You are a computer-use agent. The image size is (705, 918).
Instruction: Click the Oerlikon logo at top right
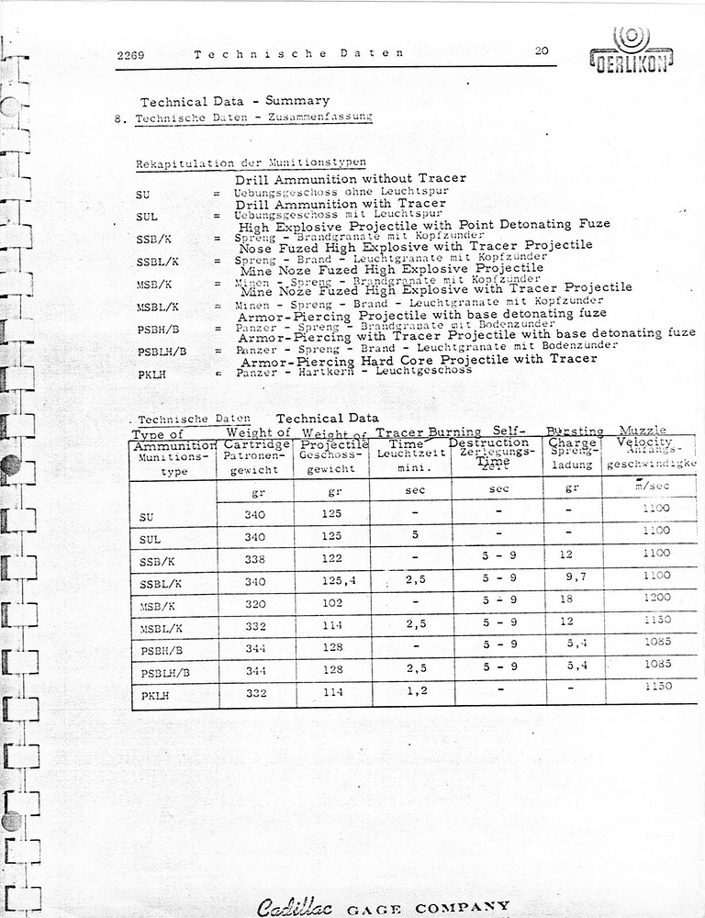click(x=631, y=50)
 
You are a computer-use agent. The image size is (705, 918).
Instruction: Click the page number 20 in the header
click(x=542, y=51)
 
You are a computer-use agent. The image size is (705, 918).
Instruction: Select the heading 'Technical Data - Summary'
click(x=234, y=101)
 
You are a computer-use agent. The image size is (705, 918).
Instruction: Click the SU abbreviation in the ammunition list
click(x=142, y=196)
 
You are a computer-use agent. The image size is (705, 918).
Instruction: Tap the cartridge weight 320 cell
click(x=255, y=604)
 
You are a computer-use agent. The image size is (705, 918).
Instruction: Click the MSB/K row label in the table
click(x=158, y=605)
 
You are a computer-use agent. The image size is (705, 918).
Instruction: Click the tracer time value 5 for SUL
click(x=415, y=533)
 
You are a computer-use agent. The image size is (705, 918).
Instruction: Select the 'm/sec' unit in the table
click(x=656, y=487)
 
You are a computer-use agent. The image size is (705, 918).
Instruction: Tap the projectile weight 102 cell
click(x=332, y=603)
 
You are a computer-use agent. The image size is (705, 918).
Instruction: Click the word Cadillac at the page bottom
click(x=288, y=906)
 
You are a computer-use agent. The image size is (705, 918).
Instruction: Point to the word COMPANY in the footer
click(x=462, y=907)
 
